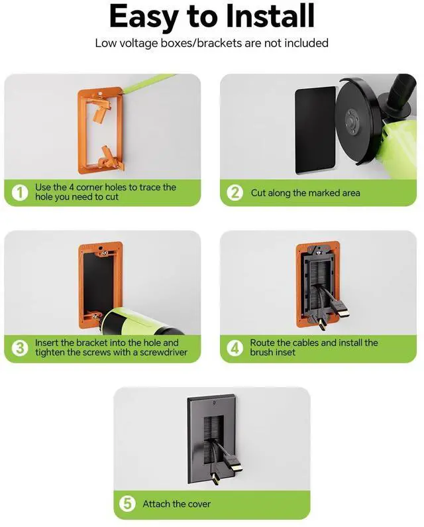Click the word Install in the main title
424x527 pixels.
[270, 16]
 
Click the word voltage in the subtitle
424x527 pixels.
[140, 43]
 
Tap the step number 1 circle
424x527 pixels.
[20, 193]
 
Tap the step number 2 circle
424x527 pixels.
[235, 193]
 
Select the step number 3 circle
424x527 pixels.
[20, 348]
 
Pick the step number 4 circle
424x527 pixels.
[235, 348]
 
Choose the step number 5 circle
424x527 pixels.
[128, 504]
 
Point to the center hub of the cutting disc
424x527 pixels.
[352, 121]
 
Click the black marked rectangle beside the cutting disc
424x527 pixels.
[315, 130]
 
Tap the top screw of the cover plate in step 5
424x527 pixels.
[213, 402]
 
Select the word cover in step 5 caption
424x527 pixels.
[199, 504]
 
